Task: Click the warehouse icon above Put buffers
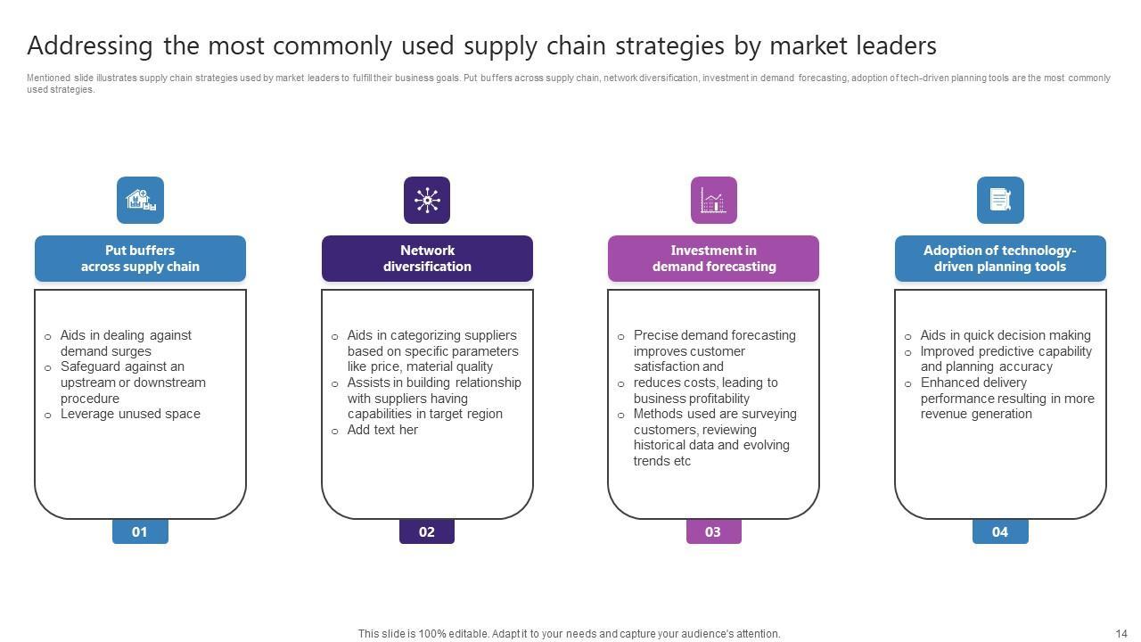tap(140, 200)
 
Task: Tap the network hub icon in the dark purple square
tap(427, 200)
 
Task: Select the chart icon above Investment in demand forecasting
tap(713, 200)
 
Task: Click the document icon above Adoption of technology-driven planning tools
tap(1000, 200)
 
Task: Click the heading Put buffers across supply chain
tap(140, 259)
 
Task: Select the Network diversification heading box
tap(427, 259)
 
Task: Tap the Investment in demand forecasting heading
tap(713, 259)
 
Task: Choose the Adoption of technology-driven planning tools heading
tap(1000, 259)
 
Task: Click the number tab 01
tap(140, 532)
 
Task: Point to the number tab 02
tap(427, 532)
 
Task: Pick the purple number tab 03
tap(713, 532)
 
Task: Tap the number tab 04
tap(1000, 532)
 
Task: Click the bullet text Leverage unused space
tap(130, 414)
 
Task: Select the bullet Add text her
tap(382, 430)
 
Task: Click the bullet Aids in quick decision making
tap(1006, 335)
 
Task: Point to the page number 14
tap(1121, 634)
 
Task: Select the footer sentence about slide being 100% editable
tap(569, 634)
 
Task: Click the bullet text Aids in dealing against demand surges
tap(126, 343)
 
